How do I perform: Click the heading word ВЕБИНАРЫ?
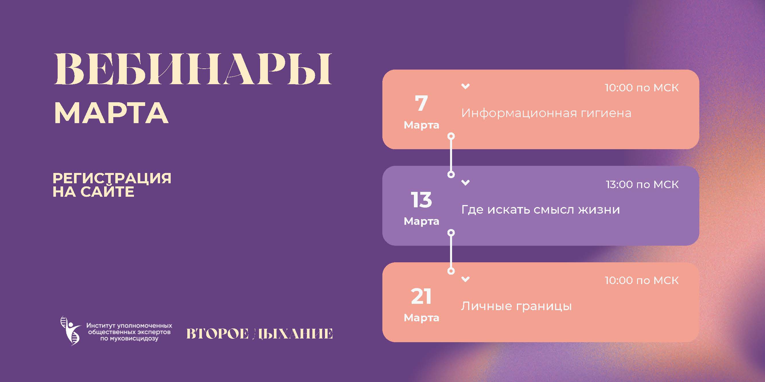coord(192,69)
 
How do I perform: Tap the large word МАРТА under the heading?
coord(111,113)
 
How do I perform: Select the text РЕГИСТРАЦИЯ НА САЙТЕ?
coord(112,185)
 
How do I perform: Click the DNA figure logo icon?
coord(71,330)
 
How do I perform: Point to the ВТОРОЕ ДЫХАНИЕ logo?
coord(259,334)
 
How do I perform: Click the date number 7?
coord(421,103)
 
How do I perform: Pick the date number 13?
coord(421,200)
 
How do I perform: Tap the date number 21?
coord(421,296)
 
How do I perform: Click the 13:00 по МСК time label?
coord(642,184)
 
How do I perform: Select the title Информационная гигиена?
coord(546,113)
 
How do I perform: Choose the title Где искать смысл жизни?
coord(540,210)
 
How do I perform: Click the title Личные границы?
coord(516,306)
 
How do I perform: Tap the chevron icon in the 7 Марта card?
coord(465,86)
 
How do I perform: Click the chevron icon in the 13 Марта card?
coord(465,182)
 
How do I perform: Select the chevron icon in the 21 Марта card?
coord(465,279)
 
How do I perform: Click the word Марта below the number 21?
coord(421,318)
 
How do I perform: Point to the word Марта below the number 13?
coord(421,221)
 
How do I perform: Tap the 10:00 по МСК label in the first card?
coord(641,88)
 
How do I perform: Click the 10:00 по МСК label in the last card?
coord(641,281)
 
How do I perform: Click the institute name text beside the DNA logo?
coord(129,332)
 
